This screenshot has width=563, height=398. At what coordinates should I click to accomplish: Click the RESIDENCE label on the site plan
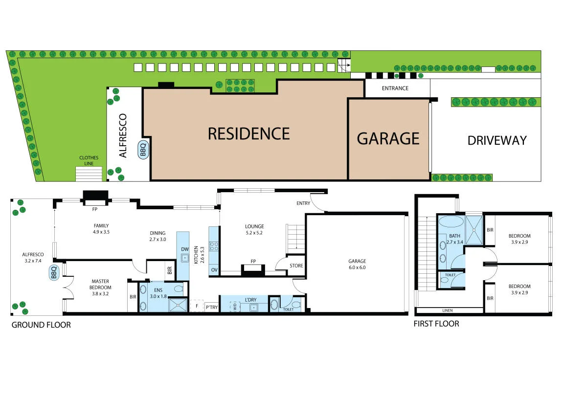[x=248, y=133]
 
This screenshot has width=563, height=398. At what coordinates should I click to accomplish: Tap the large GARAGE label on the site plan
[x=388, y=138]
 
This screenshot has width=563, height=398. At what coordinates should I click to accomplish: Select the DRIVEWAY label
[x=496, y=140]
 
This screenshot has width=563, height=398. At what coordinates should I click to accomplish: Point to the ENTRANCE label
[x=395, y=88]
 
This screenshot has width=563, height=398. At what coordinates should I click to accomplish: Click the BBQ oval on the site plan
[x=143, y=149]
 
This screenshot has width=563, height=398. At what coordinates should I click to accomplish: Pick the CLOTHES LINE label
[x=89, y=160]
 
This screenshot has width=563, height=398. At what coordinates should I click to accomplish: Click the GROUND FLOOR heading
[x=41, y=325]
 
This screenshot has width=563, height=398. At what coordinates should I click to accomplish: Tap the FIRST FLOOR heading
[x=436, y=324]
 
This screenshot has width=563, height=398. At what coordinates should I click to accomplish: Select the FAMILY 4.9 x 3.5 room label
[x=101, y=229]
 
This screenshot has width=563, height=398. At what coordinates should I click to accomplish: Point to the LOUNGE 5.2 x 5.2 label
[x=254, y=230]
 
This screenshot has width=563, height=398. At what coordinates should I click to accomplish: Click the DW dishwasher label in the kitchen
[x=184, y=249]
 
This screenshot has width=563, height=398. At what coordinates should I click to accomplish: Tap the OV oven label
[x=214, y=270]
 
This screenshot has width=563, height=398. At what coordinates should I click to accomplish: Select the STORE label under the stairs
[x=296, y=266]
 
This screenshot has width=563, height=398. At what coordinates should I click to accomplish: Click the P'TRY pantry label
[x=211, y=307]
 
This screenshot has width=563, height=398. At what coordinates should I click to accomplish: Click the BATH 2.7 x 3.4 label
[x=455, y=239]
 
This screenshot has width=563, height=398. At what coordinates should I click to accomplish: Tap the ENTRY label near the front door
[x=303, y=203]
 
